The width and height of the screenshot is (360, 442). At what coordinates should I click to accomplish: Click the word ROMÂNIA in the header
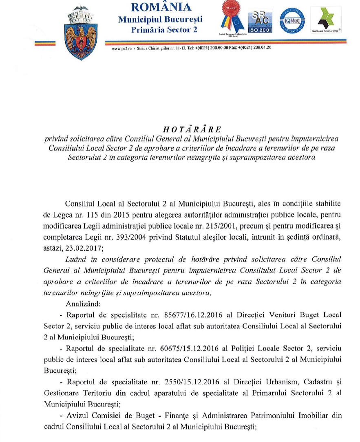coord(160,7)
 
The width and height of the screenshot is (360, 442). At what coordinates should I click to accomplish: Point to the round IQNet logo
coord(290,21)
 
